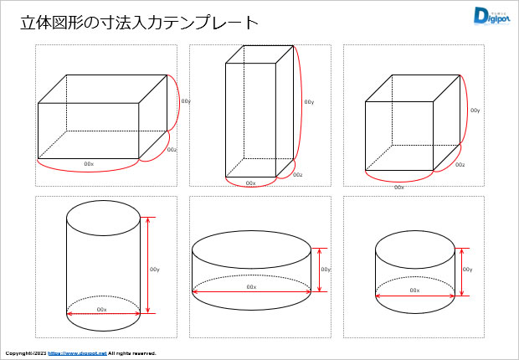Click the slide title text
pyautogui.click(x=139, y=21)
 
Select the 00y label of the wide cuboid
pyautogui.click(x=186, y=101)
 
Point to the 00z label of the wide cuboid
pyautogui.click(x=172, y=150)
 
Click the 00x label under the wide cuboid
pyautogui.click(x=89, y=163)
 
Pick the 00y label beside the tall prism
pyautogui.click(x=309, y=102)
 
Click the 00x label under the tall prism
pyautogui.click(x=250, y=183)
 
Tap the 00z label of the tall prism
pyautogui.click(x=298, y=175)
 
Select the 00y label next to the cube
pyautogui.click(x=475, y=111)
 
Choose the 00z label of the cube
pyautogui.click(x=460, y=165)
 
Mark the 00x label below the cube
pyautogui.click(x=399, y=187)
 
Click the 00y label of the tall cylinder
pyautogui.click(x=155, y=270)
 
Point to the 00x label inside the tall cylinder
pyautogui.click(x=102, y=309)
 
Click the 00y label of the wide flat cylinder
pyautogui.click(x=326, y=270)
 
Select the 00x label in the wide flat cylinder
pyautogui.click(x=251, y=286)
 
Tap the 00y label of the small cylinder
pyautogui.click(x=468, y=270)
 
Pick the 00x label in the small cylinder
pyautogui.click(x=414, y=290)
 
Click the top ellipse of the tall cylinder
pyautogui.click(x=103, y=217)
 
